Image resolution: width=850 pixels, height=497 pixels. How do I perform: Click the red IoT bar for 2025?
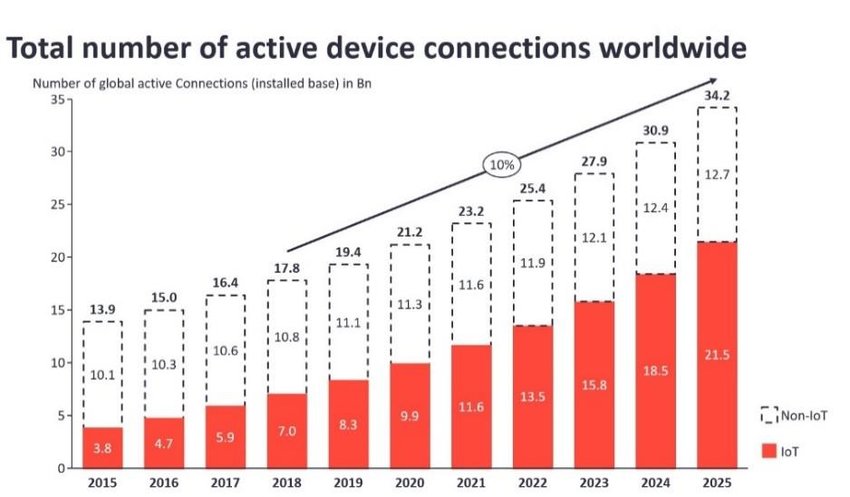[x=717, y=355]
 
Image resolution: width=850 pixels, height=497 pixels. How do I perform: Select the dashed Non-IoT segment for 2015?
[x=102, y=374]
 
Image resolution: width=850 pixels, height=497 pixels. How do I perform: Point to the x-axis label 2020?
[x=409, y=482]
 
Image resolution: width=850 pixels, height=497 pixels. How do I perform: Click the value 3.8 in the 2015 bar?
[x=102, y=449]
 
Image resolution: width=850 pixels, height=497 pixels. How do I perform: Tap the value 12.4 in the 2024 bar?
[x=655, y=207]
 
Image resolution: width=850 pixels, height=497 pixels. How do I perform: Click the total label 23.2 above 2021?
[x=471, y=212]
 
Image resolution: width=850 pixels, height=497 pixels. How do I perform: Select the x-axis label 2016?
[x=163, y=482]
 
